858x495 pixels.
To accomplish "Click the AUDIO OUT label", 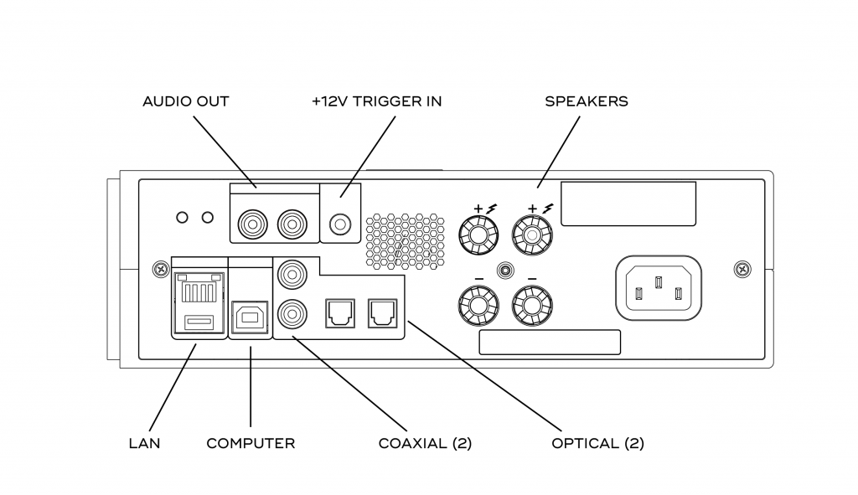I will (x=186, y=101).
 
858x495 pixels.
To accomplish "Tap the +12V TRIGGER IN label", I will (x=376, y=101).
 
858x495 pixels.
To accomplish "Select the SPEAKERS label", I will (x=587, y=101).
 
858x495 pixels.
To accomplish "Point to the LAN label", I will (x=144, y=443).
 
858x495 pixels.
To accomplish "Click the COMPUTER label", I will (x=251, y=443).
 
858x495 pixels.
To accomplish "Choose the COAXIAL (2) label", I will (x=425, y=443).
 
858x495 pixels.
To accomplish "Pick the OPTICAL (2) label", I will (x=597, y=443).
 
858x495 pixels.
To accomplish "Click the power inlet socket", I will (x=659, y=288).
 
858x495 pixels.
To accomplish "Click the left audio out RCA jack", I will (x=251, y=224).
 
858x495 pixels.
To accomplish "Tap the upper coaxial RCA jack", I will (x=292, y=274).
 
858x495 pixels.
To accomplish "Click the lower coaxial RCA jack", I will (x=292, y=313).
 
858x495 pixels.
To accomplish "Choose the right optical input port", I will (x=381, y=312).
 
